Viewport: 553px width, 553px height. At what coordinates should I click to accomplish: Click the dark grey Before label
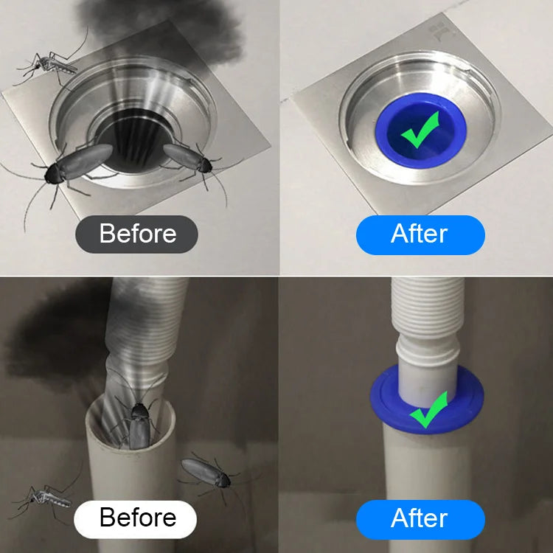[x=136, y=234]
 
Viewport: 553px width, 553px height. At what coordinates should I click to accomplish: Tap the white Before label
[x=135, y=519]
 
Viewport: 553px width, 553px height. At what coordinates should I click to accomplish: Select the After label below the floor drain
[x=420, y=234]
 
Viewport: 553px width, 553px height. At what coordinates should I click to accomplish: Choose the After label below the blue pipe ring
[x=420, y=519]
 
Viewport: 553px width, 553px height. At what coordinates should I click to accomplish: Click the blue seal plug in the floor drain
[x=420, y=130]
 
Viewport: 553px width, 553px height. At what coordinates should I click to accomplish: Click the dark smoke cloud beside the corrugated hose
[x=60, y=338]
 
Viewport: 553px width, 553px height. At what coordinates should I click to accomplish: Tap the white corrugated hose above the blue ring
[x=428, y=328]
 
